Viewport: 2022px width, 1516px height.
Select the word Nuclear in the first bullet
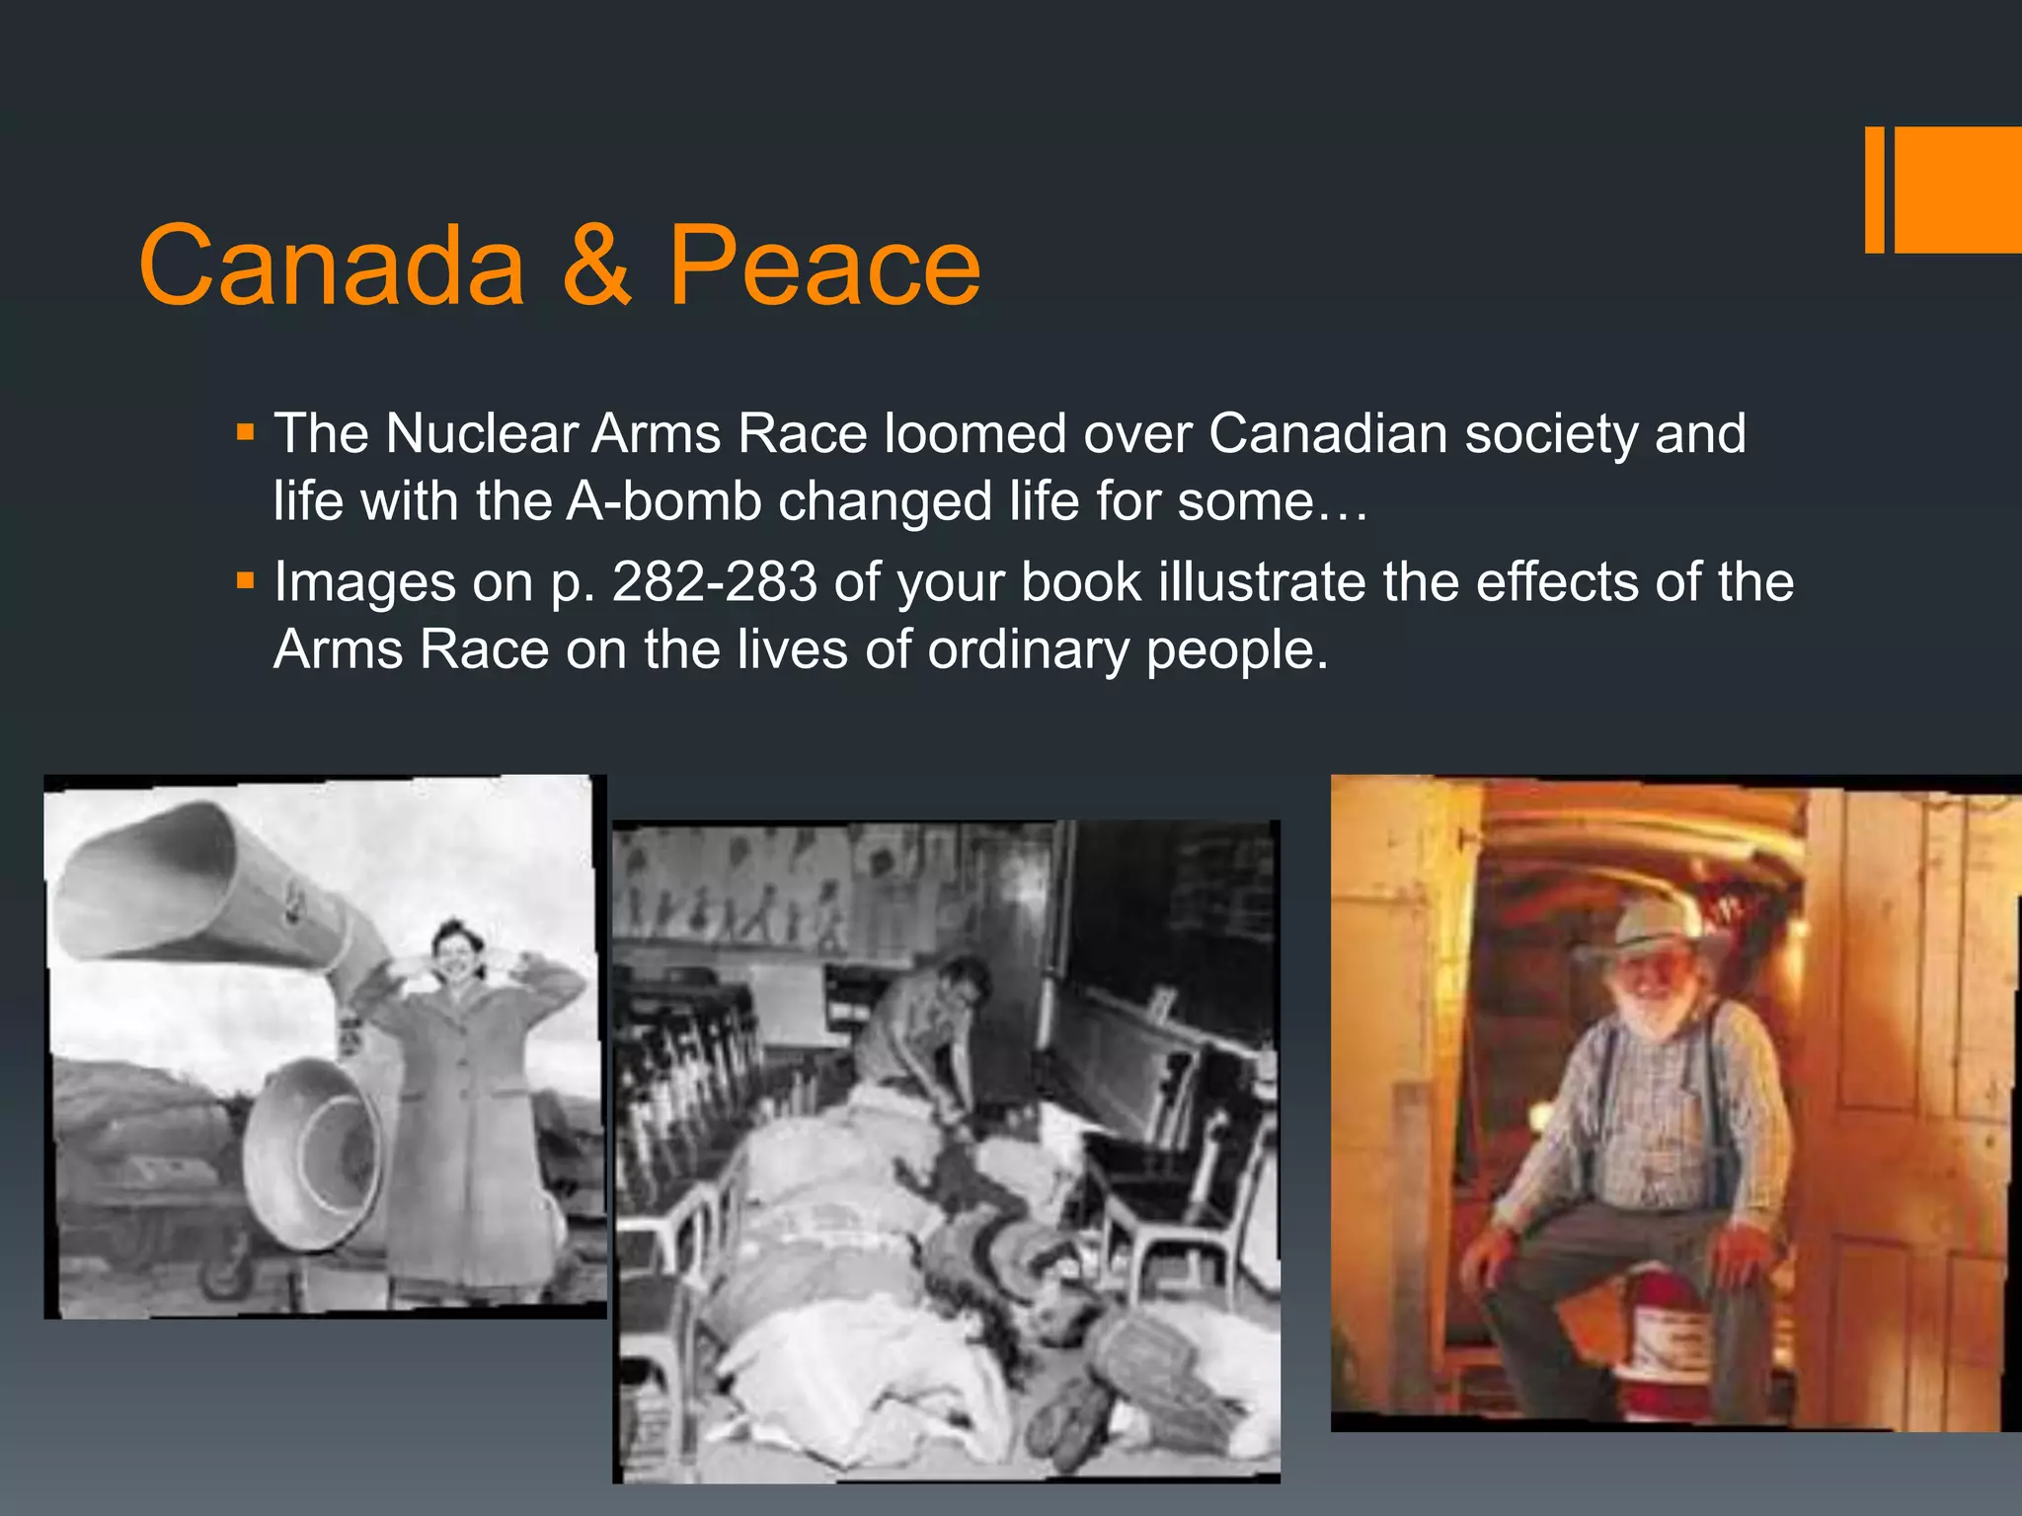(x=482, y=433)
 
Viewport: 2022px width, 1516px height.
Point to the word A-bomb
(x=663, y=500)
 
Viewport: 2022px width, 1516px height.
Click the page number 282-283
(x=714, y=581)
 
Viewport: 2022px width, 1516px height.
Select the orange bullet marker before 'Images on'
(x=246, y=580)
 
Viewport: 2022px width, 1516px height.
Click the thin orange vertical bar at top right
(x=1874, y=189)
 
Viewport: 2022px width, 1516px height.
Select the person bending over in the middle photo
(x=918, y=1026)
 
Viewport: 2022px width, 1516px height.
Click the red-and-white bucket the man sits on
(x=1669, y=1327)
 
